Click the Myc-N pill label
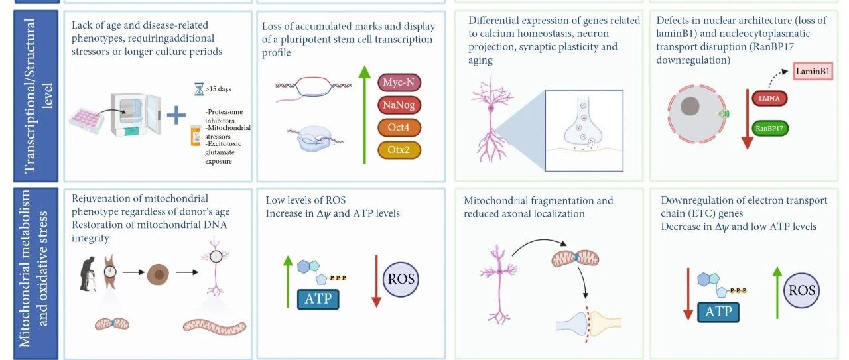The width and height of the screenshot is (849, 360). [399, 82]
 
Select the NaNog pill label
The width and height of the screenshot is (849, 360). [399, 105]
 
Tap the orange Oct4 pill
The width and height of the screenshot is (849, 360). [399, 127]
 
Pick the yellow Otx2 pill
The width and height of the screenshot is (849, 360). [399, 150]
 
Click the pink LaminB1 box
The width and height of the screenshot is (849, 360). [813, 71]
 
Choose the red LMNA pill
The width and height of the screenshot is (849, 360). [769, 99]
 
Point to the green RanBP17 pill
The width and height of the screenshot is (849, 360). [769, 128]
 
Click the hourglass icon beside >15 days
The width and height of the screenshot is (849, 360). [199, 89]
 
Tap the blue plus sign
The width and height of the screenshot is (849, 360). [176, 115]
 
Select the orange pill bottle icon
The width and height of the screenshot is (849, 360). [196, 136]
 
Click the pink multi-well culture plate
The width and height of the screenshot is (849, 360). [86, 121]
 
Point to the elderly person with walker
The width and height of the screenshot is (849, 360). [88, 274]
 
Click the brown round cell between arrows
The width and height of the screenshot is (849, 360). [158, 274]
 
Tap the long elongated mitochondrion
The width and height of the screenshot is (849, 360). [214, 326]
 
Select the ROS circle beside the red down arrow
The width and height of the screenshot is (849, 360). [401, 279]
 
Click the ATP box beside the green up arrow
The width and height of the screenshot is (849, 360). [318, 299]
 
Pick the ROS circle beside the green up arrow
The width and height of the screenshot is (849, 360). [802, 290]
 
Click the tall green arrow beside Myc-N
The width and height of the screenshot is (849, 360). [365, 115]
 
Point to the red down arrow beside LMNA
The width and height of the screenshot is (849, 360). [747, 119]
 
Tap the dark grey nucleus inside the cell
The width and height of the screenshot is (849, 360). [690, 106]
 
